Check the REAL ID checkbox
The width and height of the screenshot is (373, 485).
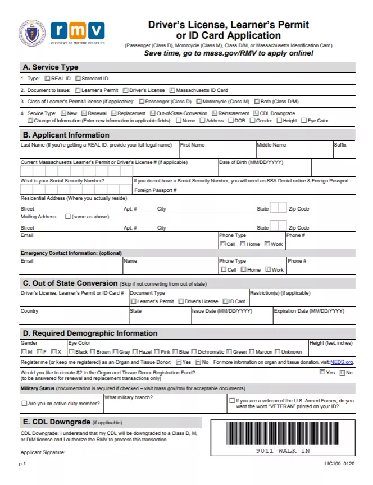pos(47,79)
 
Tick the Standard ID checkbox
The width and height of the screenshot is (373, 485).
pos(78,79)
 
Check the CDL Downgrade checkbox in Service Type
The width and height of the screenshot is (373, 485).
pos(256,113)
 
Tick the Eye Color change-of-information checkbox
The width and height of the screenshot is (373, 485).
pos(304,120)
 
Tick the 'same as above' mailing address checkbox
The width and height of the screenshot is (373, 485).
pos(68,217)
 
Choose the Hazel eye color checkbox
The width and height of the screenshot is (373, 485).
pos(135,352)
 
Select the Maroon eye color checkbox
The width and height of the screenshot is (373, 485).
pos(252,352)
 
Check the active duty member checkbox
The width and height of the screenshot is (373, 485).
pos(24,404)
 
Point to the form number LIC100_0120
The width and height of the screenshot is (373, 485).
pos(339,464)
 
